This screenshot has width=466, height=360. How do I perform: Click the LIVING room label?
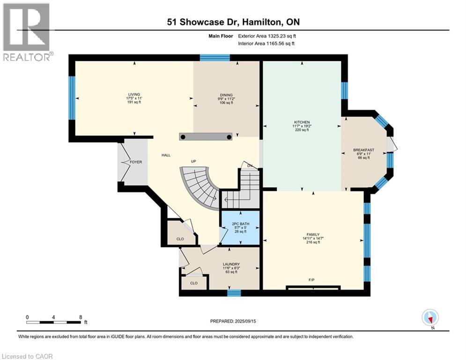tap(134, 94)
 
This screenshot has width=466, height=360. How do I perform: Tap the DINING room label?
tap(226, 95)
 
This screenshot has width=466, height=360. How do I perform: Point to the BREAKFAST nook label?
tap(364, 150)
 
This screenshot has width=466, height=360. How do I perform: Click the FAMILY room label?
tap(313, 234)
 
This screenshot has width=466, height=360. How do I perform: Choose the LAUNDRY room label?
tap(231, 264)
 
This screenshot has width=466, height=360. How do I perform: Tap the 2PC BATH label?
tap(240, 224)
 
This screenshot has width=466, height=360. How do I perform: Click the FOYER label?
tap(136, 162)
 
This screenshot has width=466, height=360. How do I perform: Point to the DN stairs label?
tap(250, 165)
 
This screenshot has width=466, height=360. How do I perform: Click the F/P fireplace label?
tap(311, 280)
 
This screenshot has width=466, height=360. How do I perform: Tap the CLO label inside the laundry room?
tap(194, 283)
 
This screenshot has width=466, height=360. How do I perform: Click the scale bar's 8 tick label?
tap(81, 317)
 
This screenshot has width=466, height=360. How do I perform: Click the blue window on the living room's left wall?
tap(72, 98)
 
